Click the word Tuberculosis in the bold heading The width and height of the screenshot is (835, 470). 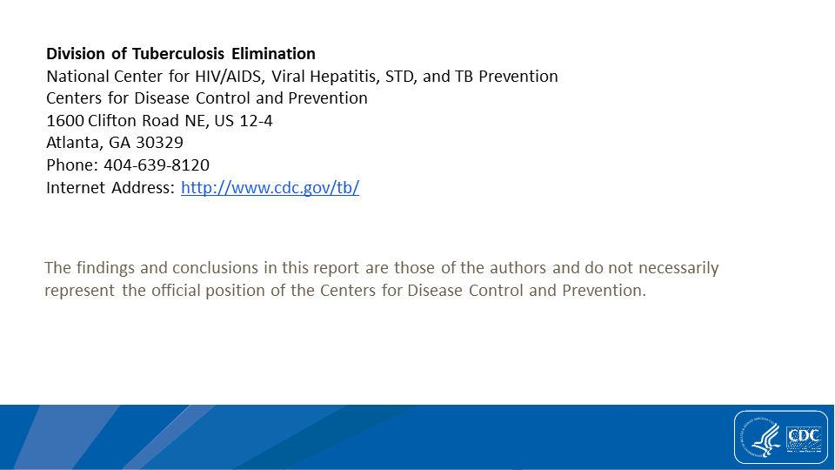coord(178,54)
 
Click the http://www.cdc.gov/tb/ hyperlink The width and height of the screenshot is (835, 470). coord(270,188)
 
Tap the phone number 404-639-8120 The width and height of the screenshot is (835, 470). coord(157,165)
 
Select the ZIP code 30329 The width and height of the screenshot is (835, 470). coord(159,143)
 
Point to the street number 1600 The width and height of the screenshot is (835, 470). coord(65,121)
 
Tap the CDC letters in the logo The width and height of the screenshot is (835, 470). coord(804,435)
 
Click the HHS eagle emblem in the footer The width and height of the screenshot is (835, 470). coord(762,438)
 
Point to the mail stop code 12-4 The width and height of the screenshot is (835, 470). coord(256,121)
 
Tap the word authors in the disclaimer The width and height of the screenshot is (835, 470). coord(518,267)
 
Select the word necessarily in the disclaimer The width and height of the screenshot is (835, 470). coord(678,268)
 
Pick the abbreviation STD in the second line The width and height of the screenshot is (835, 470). coord(399,77)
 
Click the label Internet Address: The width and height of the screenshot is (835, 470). coord(110,188)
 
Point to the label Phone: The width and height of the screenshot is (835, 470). coord(72,165)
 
